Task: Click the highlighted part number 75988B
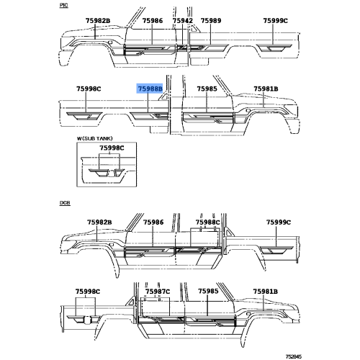pos(150,89)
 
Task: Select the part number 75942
pos(183,21)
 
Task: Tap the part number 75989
pos(211,21)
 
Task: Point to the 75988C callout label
pos(207,222)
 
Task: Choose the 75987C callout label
pos(158,292)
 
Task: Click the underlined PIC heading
pos(64,5)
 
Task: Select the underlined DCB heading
pos(65,203)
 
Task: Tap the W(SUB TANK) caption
pos(94,138)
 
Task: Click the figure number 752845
pos(293,356)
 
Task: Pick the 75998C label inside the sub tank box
pos(112,148)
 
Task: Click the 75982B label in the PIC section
pos(98,21)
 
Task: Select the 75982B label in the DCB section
pos(99,222)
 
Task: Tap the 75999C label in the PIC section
pos(275,21)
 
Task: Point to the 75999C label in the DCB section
pos(279,222)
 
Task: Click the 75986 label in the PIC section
pos(153,21)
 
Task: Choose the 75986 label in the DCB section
pos(153,222)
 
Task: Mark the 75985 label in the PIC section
pos(207,89)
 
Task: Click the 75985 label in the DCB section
pos(208,292)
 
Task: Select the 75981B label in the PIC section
pos(266,89)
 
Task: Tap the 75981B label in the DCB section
pos(265,292)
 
